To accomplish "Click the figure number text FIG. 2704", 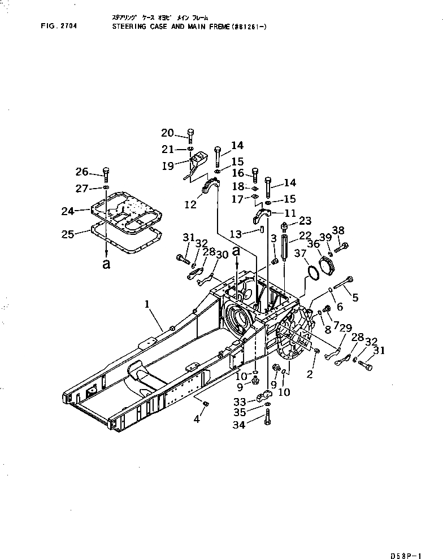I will pyautogui.click(x=60, y=25).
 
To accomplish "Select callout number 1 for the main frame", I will pyautogui.click(x=146, y=304).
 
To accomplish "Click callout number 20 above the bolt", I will pyautogui.click(x=167, y=133).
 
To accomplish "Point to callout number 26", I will pyautogui.click(x=82, y=172).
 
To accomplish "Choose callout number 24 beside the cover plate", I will pyautogui.click(x=68, y=211).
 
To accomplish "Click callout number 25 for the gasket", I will pyautogui.click(x=68, y=233).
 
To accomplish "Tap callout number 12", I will pyautogui.click(x=191, y=205).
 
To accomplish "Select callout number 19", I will pyautogui.click(x=167, y=166).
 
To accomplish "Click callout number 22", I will pyautogui.click(x=305, y=235).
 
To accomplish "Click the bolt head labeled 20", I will pyautogui.click(x=190, y=134).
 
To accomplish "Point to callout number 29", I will pyautogui.click(x=346, y=329).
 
